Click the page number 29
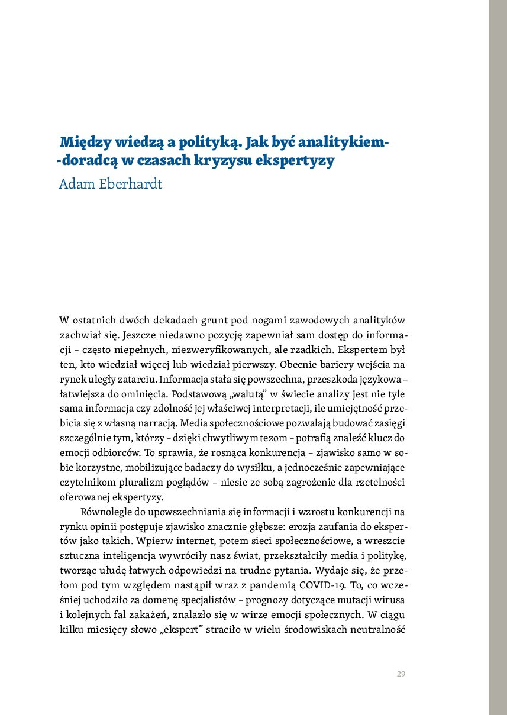pos(401,674)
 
